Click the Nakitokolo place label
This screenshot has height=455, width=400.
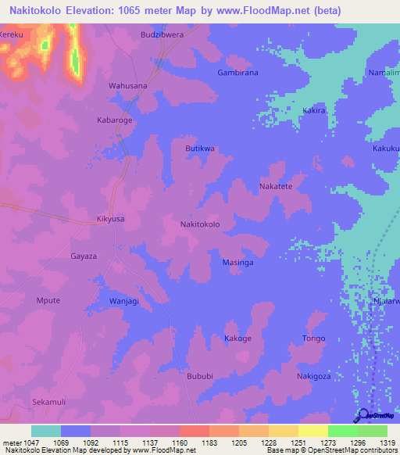coord(200,224)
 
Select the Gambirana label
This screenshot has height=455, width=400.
coord(237,73)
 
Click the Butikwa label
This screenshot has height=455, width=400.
coord(199,149)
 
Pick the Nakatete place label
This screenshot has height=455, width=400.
coord(276,187)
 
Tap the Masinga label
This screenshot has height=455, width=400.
coord(237,263)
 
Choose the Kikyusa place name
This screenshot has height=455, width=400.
coord(110,220)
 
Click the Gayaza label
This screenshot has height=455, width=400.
coord(84,256)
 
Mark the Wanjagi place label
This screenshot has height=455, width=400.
coord(123,301)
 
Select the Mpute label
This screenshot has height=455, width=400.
coord(48,299)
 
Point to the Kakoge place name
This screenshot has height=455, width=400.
coord(237,339)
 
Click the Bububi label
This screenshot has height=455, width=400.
coord(199,376)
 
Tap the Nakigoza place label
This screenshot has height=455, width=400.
coord(314,376)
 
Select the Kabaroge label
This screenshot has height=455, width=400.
coord(114,120)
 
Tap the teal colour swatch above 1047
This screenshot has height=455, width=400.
coord(45,431)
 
